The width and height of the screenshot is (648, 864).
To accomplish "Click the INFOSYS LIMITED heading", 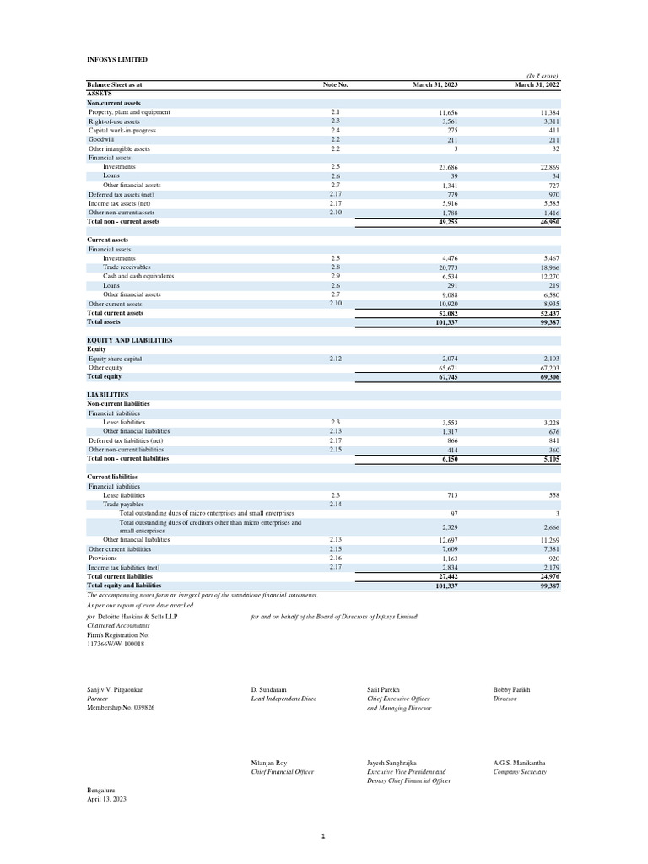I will point(117,60).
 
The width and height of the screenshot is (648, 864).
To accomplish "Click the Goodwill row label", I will point(102,139).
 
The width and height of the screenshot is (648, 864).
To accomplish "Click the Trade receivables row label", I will point(127,267).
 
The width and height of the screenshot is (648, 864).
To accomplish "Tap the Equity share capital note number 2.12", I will point(335,359).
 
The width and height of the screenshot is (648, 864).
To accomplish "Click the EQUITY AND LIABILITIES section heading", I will point(130,340).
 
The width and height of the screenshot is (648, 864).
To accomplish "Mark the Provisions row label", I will point(104,558).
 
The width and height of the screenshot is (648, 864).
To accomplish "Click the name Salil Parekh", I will point(386,689).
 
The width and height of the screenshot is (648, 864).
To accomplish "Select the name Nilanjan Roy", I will point(270,762).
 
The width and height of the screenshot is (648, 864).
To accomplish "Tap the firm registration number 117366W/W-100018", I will point(116,644).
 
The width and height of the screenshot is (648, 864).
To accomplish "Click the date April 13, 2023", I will point(106,798).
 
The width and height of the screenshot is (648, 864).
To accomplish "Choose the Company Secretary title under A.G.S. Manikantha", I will point(520,771).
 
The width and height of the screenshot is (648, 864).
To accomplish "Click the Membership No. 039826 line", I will point(121,707).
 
